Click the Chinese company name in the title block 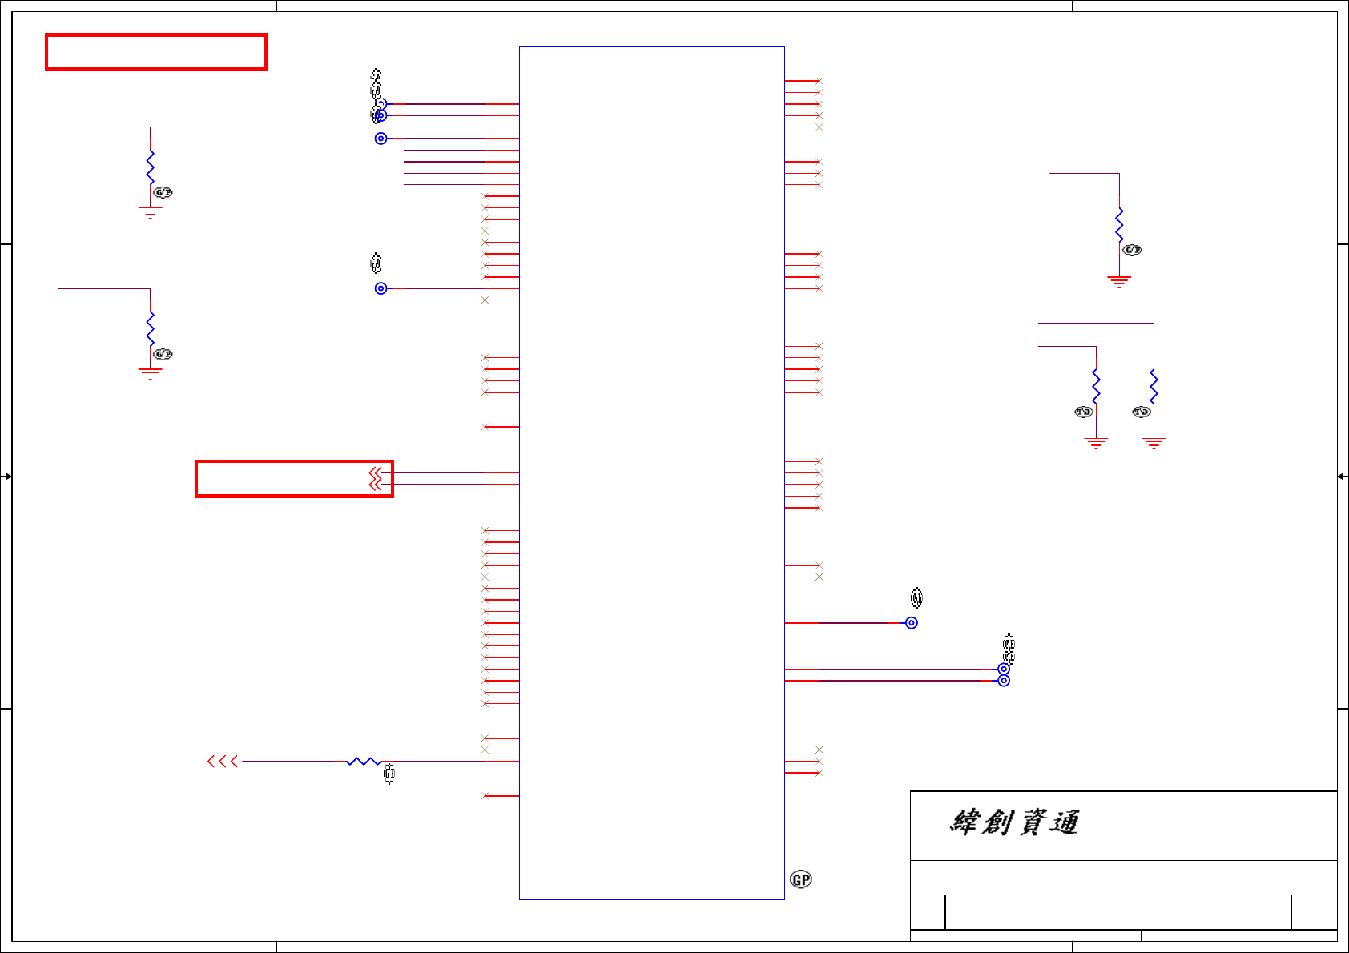(x=1014, y=822)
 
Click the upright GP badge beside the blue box (x=801, y=879)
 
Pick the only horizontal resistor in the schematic (x=363, y=762)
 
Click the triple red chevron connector (x=223, y=762)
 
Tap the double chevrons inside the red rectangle (x=375, y=479)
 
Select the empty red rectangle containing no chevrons (x=156, y=53)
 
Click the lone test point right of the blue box (x=912, y=623)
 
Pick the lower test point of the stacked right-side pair (x=1004, y=681)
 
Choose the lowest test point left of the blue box (x=381, y=288)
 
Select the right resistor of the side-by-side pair (x=1154, y=386)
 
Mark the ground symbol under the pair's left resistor (x=1096, y=444)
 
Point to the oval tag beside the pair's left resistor (x=1083, y=412)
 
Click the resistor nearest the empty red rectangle (x=150, y=167)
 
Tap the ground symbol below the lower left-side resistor (x=150, y=373)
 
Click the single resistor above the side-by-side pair (x=1119, y=224)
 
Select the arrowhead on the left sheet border (x=6, y=476)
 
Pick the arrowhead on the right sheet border (x=1343, y=476)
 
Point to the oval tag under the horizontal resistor (x=389, y=774)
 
